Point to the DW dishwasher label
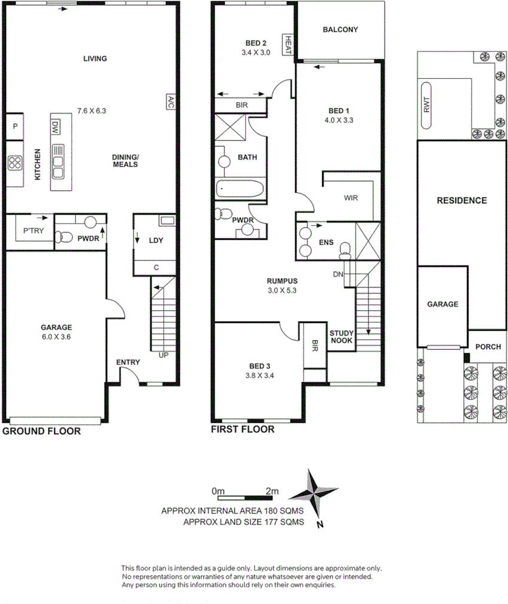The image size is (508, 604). tap(55, 127)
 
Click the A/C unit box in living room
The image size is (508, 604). tap(170, 101)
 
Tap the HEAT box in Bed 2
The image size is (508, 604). tap(287, 45)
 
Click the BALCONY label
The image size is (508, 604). tap(339, 29)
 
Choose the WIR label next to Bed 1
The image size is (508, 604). tap(351, 199)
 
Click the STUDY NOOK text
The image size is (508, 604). tap(342, 337)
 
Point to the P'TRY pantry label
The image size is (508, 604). tap(33, 231)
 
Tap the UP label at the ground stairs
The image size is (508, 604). tap(163, 355)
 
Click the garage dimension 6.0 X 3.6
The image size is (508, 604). tap(56, 336)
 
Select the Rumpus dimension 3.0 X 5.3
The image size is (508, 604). tap(281, 291)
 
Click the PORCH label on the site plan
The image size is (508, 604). tap(488, 347)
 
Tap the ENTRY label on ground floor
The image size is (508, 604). tap(128, 362)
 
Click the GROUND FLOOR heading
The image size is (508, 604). tap(42, 431)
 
